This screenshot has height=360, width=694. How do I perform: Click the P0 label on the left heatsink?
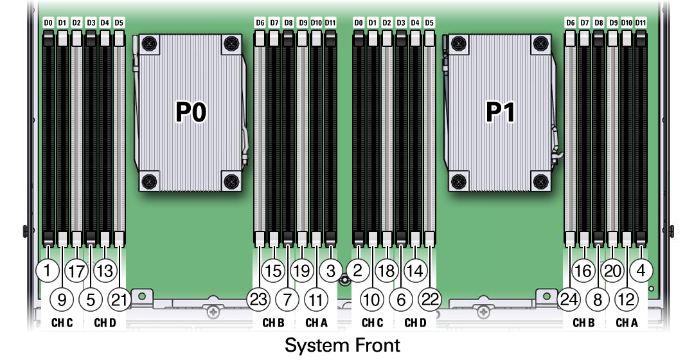pyautogui.click(x=191, y=113)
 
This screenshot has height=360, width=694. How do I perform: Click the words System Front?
pyautogui.click(x=343, y=345)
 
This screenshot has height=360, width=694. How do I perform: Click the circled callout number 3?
pyautogui.click(x=330, y=270)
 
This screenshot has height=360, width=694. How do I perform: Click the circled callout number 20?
pyautogui.click(x=613, y=270)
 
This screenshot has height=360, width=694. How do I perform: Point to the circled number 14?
pyautogui.click(x=415, y=270)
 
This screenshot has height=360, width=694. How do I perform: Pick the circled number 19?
pyautogui.click(x=301, y=270)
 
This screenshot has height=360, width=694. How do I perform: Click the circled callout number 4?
pyautogui.click(x=641, y=270)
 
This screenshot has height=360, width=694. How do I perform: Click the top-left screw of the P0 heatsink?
pyautogui.click(x=149, y=44)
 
